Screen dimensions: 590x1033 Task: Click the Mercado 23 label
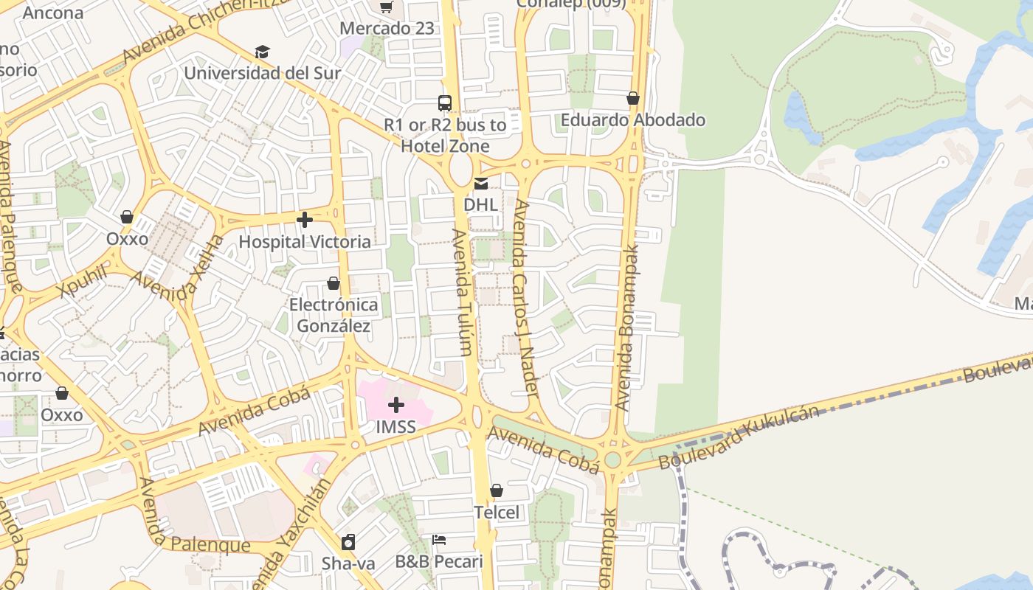coord(387,29)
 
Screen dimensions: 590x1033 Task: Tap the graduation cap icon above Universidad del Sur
coord(262,52)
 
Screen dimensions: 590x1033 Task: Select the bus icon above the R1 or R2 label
coord(444,103)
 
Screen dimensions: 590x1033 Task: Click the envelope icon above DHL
coord(481,183)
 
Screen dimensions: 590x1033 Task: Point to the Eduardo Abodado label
coord(632,119)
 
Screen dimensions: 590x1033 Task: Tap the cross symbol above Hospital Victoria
coord(304,220)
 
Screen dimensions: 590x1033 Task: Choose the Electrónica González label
coord(334,315)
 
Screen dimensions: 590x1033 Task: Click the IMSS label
coord(395,427)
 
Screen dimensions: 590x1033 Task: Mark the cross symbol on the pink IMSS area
coord(396,404)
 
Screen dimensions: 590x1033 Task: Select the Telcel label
coord(497,513)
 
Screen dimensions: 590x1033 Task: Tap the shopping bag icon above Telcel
coord(497,490)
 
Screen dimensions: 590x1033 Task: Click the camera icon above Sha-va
coord(348,543)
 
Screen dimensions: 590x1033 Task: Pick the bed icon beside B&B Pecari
coord(439,540)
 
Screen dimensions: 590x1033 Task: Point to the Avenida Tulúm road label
coord(462,292)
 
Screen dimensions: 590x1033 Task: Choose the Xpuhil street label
coord(82,283)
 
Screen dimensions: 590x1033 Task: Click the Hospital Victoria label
coord(305,242)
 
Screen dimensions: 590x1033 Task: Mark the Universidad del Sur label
coord(262,73)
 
